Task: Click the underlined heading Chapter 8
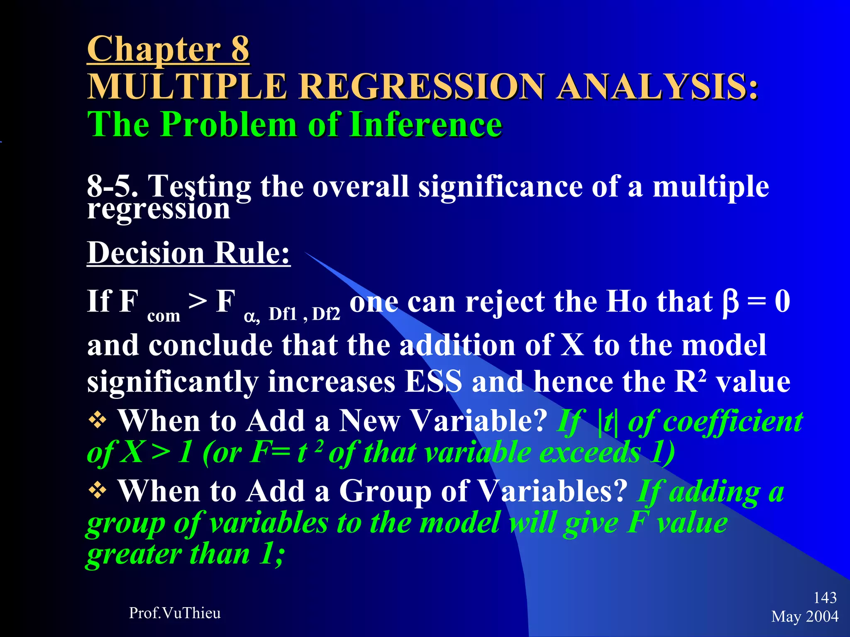click(168, 49)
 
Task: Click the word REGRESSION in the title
click(421, 86)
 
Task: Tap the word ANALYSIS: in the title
click(657, 86)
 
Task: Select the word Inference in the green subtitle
click(426, 124)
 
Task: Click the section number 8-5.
click(112, 186)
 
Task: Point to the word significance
click(500, 186)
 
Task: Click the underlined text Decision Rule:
click(188, 253)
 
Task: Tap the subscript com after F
click(164, 316)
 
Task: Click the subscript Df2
click(326, 314)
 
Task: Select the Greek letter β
click(730, 302)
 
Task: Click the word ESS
click(433, 381)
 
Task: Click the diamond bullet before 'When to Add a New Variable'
click(98, 421)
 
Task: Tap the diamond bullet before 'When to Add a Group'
click(98, 491)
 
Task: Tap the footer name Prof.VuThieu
click(175, 613)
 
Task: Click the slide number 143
click(825, 598)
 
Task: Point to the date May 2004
click(804, 616)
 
